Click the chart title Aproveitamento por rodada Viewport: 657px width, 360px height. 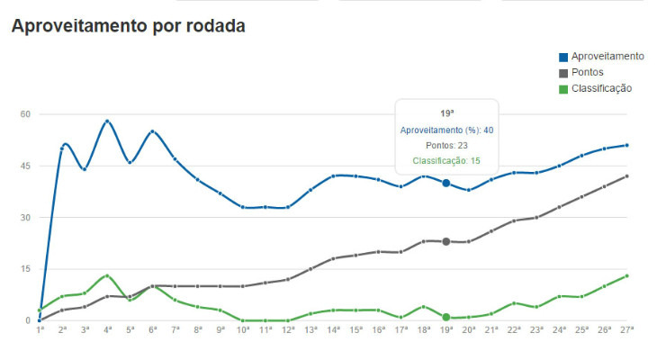128,25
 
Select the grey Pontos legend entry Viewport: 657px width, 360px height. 590,72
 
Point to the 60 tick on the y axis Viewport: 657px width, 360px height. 25,114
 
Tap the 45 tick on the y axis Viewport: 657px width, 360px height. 25,166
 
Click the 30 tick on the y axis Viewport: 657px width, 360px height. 25,218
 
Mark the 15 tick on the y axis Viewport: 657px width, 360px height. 25,269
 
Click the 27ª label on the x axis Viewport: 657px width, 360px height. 626,331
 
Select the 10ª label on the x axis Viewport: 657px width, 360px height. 243,331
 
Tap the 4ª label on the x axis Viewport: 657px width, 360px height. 107,331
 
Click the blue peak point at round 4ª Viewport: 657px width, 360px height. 107,121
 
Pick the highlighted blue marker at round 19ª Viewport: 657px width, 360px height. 445,183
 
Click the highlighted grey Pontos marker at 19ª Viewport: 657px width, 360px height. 445,241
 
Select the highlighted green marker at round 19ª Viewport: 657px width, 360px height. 445,317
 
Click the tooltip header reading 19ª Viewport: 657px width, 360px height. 446,113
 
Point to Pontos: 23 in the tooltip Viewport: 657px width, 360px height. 446,145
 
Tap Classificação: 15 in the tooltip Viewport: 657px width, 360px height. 446,161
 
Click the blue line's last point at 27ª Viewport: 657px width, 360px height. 626,145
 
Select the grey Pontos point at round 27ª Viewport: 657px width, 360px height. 626,175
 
